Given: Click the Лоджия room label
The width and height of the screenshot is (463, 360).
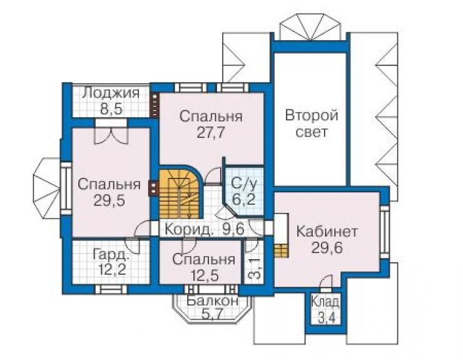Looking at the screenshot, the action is (x=111, y=93).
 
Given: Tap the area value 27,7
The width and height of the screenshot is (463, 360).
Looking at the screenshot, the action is (x=211, y=133).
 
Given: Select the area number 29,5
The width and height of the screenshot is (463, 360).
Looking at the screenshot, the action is (x=109, y=201).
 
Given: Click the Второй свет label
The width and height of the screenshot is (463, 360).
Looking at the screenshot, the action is (x=312, y=123).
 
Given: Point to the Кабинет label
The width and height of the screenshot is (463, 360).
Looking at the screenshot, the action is (x=327, y=232).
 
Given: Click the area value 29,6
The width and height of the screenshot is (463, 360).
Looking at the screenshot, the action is (x=327, y=248).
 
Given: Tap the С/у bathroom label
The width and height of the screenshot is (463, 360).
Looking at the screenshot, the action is (x=244, y=184).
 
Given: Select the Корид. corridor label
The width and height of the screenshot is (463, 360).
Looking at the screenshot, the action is (x=189, y=230).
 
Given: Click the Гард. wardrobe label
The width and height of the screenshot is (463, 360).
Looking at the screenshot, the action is (x=111, y=254).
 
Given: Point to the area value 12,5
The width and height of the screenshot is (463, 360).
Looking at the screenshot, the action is (x=205, y=275).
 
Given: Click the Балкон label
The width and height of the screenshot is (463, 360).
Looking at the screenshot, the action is (x=213, y=301).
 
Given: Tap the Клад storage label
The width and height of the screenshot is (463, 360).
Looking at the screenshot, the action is (x=325, y=302).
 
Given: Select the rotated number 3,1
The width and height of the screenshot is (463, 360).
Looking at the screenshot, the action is (x=256, y=269).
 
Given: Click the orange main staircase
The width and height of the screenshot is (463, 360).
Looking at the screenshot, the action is (x=180, y=193).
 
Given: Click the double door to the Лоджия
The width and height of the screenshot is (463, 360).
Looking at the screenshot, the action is (x=111, y=131).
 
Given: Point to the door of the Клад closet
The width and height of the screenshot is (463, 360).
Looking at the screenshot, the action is (x=327, y=280).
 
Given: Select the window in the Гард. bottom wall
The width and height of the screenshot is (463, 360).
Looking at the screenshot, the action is (x=111, y=289).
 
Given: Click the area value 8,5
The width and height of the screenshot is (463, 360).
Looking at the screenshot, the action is (x=111, y=110).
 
